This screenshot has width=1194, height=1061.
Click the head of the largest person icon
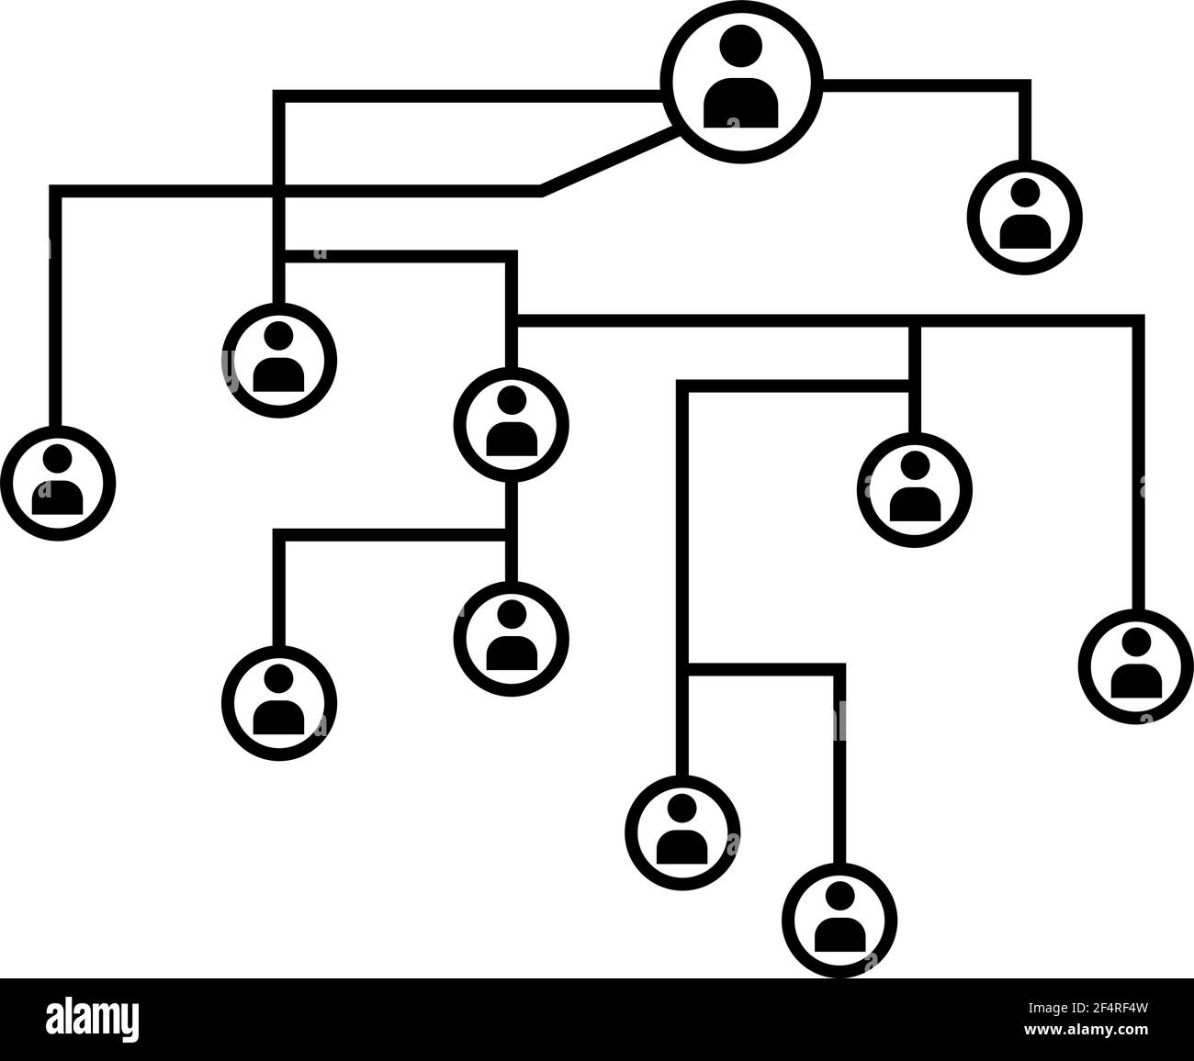741,45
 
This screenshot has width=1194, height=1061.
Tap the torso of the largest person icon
741,103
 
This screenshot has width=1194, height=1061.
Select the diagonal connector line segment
608,161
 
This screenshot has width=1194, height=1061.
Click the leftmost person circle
58,484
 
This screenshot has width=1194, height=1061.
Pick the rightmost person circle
1135,666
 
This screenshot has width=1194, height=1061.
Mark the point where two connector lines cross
279,191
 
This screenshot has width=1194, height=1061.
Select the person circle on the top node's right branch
1025,218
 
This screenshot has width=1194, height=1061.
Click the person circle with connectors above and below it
511,425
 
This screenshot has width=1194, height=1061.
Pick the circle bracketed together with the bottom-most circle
682,832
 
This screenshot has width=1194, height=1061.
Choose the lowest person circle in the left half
279,703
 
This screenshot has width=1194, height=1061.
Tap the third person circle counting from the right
914,490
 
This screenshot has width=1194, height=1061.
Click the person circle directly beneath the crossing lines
279,361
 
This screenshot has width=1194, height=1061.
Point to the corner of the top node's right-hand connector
1025,85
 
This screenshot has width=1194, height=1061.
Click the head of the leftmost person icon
58,458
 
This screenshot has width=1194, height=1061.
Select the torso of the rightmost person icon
1135,682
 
